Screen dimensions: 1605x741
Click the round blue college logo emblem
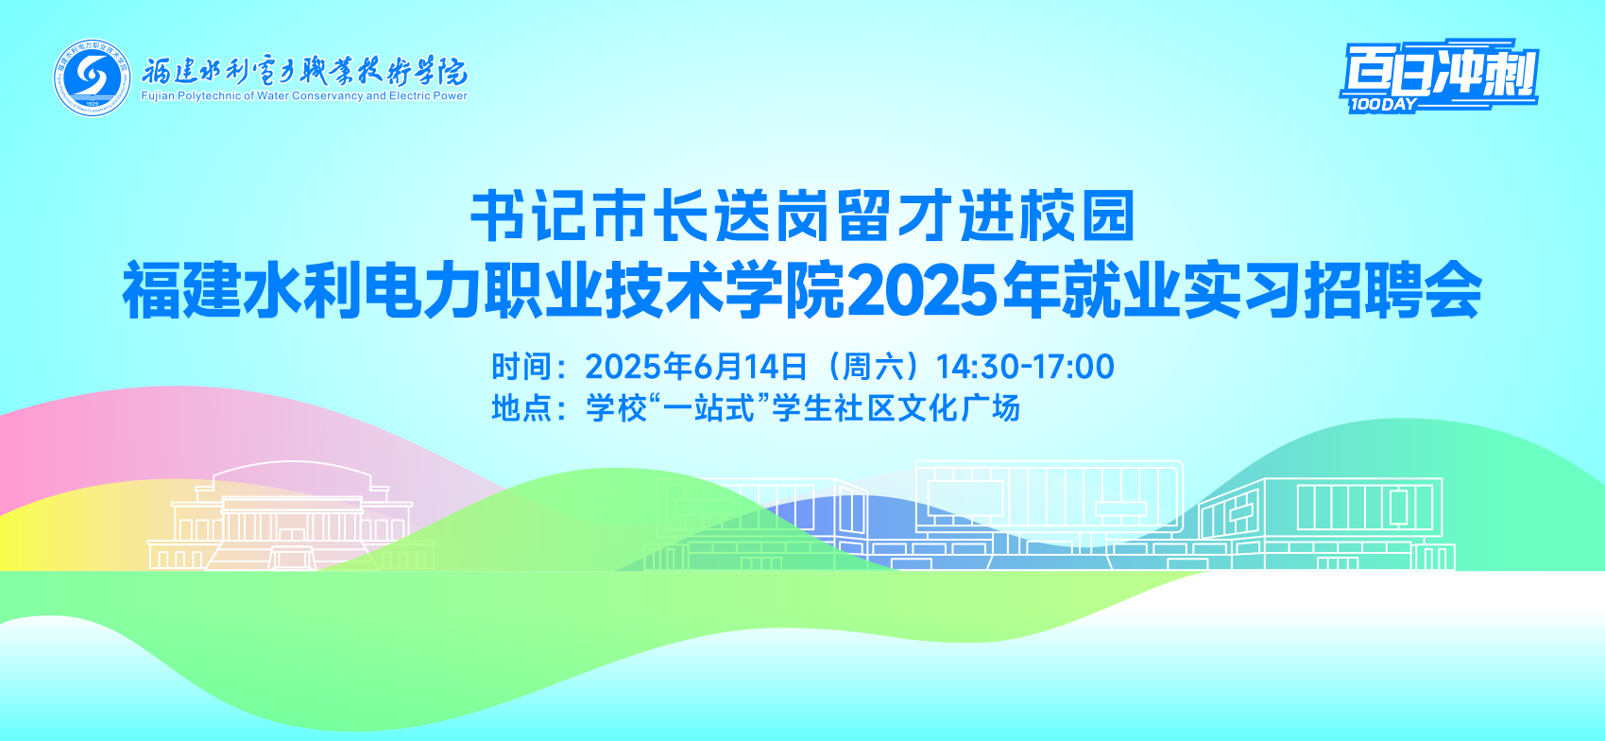click(x=93, y=78)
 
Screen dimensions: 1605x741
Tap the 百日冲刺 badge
click(x=1440, y=76)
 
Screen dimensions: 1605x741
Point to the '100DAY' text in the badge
click(x=1383, y=105)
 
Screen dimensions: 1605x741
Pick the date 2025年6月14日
click(x=695, y=366)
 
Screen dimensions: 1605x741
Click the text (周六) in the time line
click(x=872, y=366)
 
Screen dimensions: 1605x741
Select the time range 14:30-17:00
click(x=1025, y=366)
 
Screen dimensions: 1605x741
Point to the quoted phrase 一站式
click(x=709, y=407)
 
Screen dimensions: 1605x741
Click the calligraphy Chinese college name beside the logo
click(x=304, y=72)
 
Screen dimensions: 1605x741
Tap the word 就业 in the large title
click(x=1120, y=289)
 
